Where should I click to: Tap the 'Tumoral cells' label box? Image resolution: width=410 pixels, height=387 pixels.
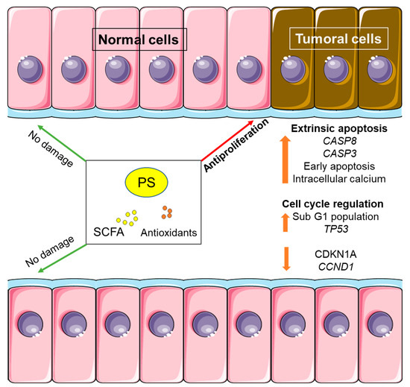click(x=339, y=38)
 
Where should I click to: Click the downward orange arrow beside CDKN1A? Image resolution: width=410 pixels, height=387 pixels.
click(x=286, y=259)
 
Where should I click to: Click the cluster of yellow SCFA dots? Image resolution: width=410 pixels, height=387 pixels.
click(x=130, y=217)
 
